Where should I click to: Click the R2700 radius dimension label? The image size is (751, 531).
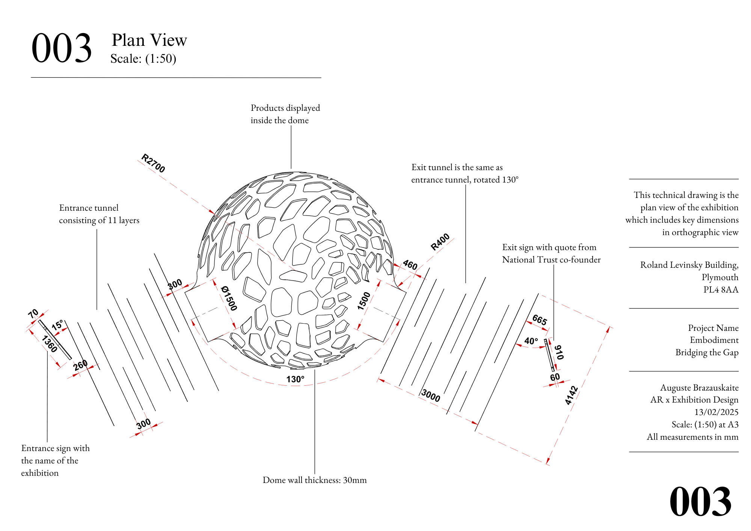pos(153,163)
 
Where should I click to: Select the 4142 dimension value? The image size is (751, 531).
pos(571,395)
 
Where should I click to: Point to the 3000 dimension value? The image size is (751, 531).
pos(430,395)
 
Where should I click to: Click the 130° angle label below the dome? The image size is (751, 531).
pos(295,379)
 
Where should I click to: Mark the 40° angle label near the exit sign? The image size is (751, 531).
pos(531,341)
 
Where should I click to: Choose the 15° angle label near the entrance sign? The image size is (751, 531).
pos(57,325)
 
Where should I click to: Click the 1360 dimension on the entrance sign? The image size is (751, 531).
pos(50,344)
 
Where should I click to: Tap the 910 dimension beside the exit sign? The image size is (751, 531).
pos(559,352)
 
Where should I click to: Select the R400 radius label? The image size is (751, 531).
pos(440,242)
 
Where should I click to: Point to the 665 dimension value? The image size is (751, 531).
pos(540,320)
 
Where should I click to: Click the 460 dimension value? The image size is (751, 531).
pos(410,265)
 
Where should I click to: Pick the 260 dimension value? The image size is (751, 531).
pos(80,365)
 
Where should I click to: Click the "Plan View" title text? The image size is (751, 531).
pos(149,40)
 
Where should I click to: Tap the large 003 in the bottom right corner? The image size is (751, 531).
pos(700,502)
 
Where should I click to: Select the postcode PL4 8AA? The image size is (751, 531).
pos(721,290)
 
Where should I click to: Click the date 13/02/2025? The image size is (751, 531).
pos(716,412)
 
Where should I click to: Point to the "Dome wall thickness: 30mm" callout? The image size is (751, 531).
pos(315,480)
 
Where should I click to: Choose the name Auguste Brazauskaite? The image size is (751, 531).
pos(699,388)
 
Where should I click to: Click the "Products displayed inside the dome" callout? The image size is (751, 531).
pos(285,114)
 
